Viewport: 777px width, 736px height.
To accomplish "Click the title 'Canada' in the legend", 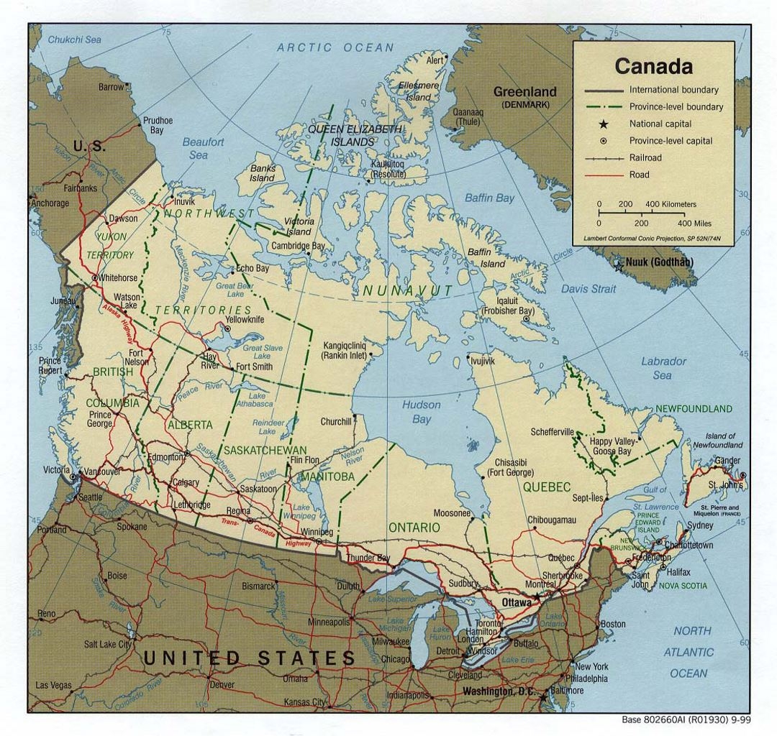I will pyautogui.click(x=653, y=66).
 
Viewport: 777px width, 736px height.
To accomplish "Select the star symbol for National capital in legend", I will pyautogui.click(x=604, y=124).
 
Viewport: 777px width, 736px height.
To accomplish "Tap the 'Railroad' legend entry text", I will pyautogui.click(x=645, y=157).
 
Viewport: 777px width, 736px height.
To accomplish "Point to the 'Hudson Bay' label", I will pyautogui.click(x=421, y=412).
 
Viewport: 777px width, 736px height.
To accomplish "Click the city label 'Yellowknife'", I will pyautogui.click(x=245, y=319).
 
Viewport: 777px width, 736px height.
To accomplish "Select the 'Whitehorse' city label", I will pyautogui.click(x=118, y=277).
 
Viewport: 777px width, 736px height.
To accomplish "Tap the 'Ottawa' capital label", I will pyautogui.click(x=516, y=602).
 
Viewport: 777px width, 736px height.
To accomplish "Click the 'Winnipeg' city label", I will pyautogui.click(x=317, y=532).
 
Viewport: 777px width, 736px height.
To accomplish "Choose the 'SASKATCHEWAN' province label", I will pyautogui.click(x=265, y=450).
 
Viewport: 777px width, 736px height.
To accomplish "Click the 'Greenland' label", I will pyautogui.click(x=524, y=92).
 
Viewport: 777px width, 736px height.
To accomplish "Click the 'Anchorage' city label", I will pyautogui.click(x=50, y=203).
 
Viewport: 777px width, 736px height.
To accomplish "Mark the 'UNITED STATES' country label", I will pyautogui.click(x=249, y=657).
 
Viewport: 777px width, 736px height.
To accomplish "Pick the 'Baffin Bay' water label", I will pyautogui.click(x=489, y=198).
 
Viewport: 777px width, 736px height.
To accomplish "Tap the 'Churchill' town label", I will pyautogui.click(x=335, y=421).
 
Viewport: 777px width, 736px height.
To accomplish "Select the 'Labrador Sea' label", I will pyautogui.click(x=663, y=368).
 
